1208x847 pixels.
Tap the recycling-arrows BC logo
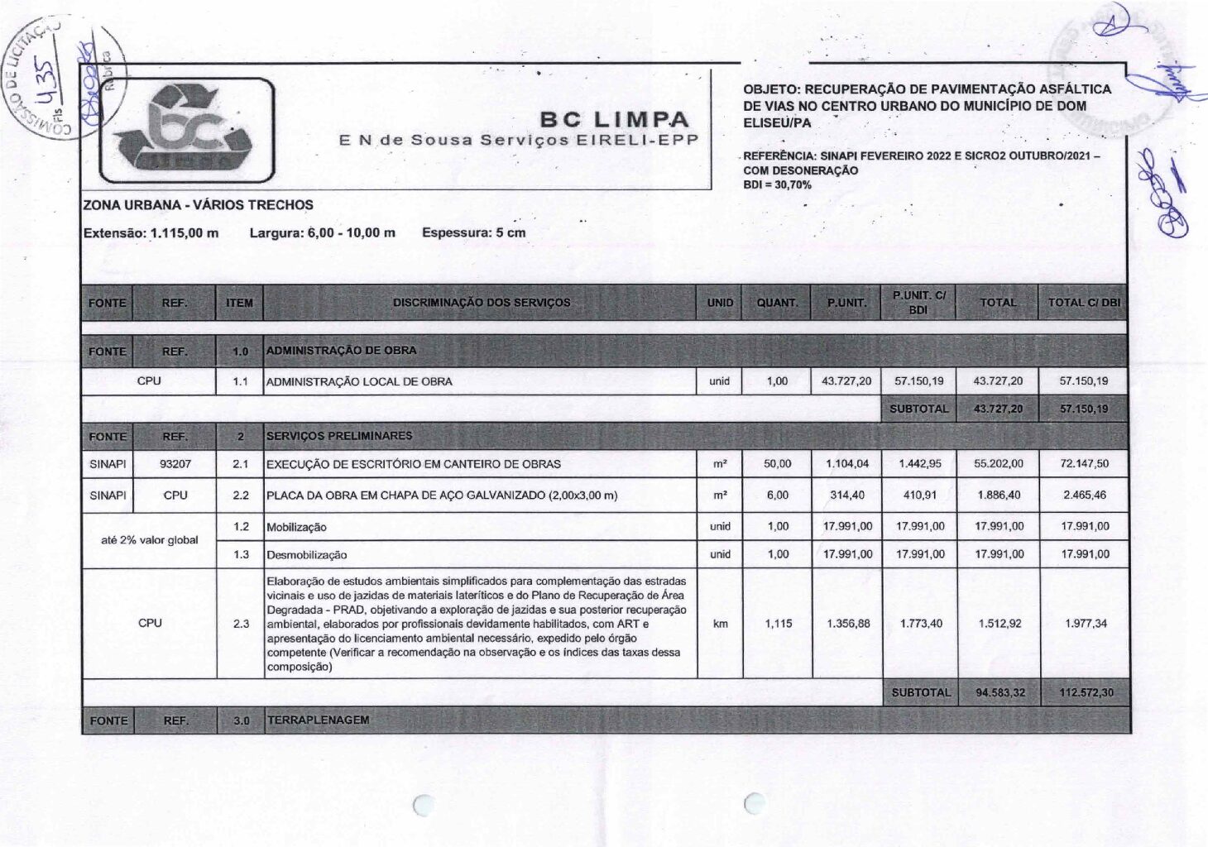point(186,131)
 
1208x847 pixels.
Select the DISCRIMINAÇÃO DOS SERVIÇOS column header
point(481,303)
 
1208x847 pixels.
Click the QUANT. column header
point(777,303)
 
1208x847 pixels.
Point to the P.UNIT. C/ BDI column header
point(918,302)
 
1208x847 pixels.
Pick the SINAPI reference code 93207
point(175,464)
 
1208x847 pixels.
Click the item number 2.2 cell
point(241,495)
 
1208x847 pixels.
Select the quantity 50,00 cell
point(777,464)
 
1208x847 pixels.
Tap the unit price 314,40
point(846,495)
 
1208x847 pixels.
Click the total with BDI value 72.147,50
point(1084,464)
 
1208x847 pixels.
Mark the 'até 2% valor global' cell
point(149,540)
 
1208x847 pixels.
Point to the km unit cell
point(720,624)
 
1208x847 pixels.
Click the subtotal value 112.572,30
point(1085,692)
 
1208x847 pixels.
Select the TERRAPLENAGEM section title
point(318,720)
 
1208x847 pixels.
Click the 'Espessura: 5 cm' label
point(473,232)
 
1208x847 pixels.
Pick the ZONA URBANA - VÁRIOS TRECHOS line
point(198,204)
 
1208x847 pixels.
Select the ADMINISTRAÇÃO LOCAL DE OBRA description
point(359,381)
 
